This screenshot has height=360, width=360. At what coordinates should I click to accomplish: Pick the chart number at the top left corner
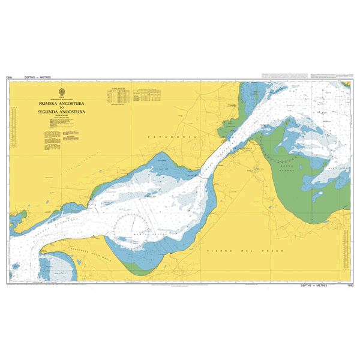tap(10, 78)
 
